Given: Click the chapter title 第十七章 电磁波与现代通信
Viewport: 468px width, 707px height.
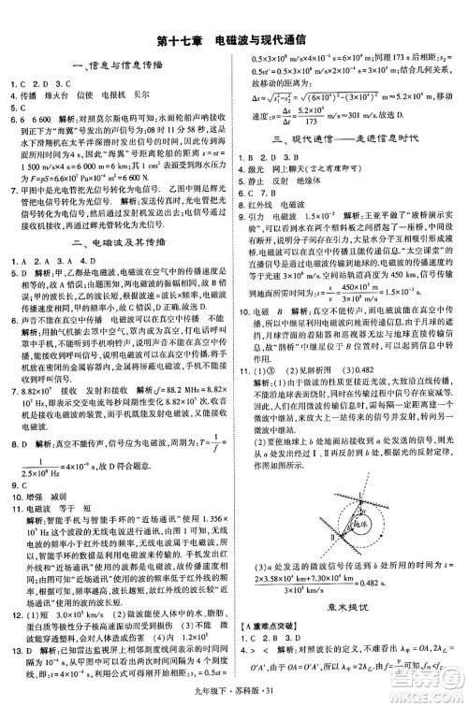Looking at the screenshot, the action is click(233, 41).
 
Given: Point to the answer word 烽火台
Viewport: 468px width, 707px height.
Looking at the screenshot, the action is click(56, 95).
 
